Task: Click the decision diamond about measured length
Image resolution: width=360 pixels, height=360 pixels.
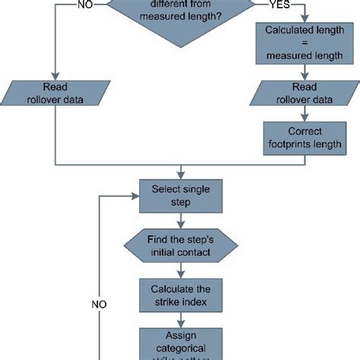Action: click(181, 14)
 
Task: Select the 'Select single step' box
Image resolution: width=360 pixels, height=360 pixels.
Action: click(180, 194)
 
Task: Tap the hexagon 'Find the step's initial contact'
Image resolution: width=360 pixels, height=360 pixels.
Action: click(180, 245)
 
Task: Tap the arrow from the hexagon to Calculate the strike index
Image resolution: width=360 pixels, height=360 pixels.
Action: click(180, 269)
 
